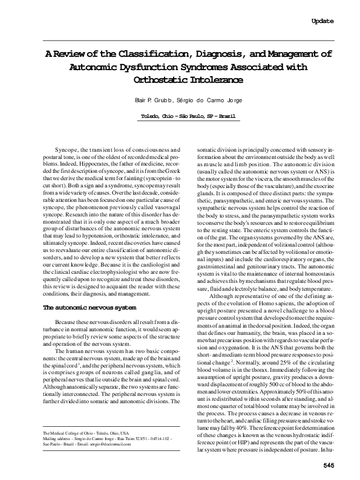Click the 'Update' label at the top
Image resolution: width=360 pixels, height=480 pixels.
(322, 21)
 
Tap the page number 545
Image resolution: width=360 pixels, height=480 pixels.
(329, 464)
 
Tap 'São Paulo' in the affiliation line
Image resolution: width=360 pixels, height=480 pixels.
(189, 115)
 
